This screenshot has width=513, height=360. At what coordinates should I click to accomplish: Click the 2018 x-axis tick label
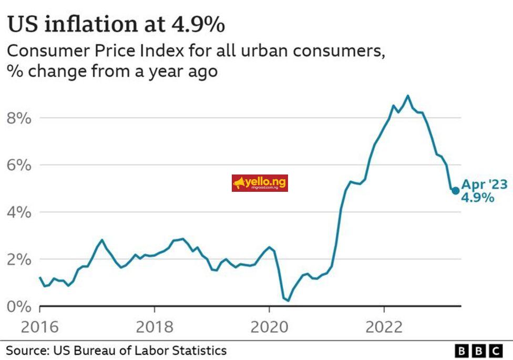coord(154,327)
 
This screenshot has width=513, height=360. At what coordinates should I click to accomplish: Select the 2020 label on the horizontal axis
coord(269,327)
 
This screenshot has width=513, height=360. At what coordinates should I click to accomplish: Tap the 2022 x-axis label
coord(384,327)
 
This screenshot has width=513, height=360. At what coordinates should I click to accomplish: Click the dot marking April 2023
coord(455,190)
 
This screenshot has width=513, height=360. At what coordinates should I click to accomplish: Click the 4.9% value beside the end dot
coord(477,198)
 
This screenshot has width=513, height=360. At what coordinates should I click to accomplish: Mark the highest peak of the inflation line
coord(407,96)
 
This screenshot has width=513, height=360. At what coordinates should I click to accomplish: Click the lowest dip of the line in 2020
coord(288,301)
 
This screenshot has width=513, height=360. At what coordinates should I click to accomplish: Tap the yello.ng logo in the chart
coord(260,183)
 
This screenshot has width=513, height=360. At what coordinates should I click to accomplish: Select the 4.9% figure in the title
coord(196,24)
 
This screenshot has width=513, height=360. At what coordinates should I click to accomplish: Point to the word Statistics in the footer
coord(200,351)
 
